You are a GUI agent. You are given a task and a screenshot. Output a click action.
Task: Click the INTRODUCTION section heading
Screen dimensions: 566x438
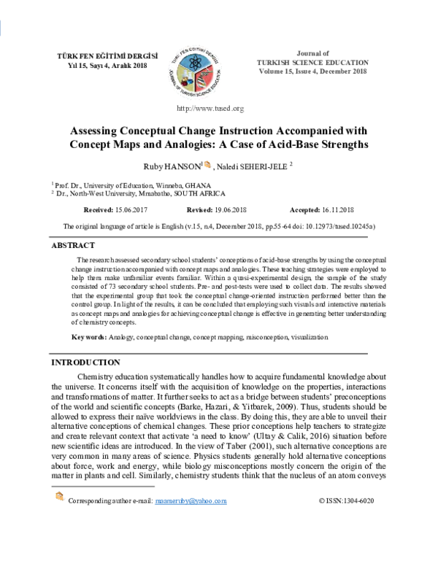pyautogui.click(x=85, y=363)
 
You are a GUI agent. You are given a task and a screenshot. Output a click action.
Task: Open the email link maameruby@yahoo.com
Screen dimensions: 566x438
pyautogui.click(x=191, y=543)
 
